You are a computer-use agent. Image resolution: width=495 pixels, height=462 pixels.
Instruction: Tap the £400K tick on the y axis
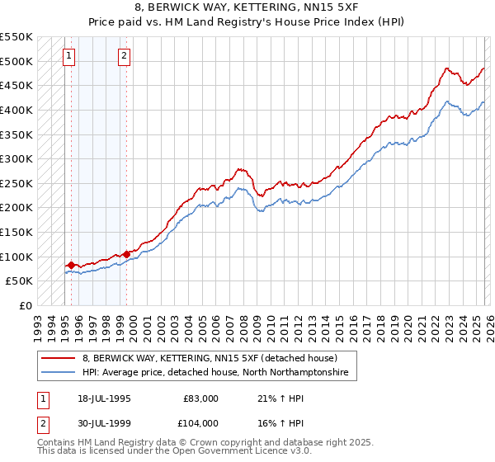pos(16,110)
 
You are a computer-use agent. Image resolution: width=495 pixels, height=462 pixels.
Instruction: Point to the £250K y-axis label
pos(16,183)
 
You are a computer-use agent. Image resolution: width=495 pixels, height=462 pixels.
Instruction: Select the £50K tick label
pos(19,280)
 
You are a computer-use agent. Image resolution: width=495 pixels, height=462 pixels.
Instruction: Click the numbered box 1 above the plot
pos(68,56)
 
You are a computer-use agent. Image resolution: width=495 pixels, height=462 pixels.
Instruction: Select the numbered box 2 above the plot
pos(124,56)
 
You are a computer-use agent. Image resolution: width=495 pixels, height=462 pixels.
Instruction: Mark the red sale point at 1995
pos(71,265)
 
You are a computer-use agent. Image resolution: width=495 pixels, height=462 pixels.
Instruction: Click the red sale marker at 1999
pos(126,254)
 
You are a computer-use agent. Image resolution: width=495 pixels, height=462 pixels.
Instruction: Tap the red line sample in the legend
pos(59,359)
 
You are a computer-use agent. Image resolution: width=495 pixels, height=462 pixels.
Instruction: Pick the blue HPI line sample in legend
pos(59,373)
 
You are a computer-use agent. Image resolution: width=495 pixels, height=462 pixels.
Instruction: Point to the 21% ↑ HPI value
pos(273,398)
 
